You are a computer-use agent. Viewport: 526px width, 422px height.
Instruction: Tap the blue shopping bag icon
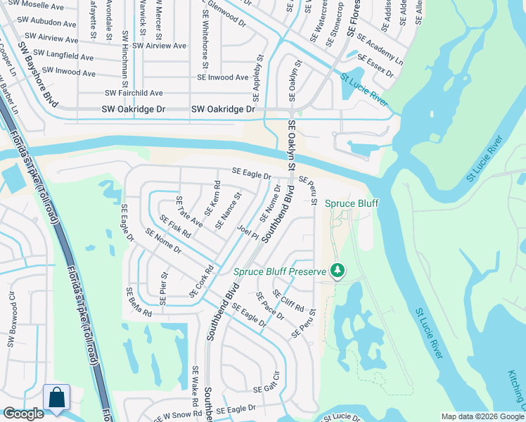pyautogui.click(x=56, y=397)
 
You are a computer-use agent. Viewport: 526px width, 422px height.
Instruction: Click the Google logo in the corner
pyautogui.click(x=24, y=414)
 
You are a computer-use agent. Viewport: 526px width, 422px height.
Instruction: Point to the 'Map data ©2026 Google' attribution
pyautogui.click(x=482, y=416)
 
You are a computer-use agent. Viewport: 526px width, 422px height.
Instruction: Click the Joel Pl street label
pyautogui.click(x=248, y=231)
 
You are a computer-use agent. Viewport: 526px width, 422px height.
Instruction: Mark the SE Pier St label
pyautogui.click(x=164, y=288)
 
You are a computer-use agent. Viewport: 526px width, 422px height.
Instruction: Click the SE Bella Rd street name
pyautogui.click(x=139, y=302)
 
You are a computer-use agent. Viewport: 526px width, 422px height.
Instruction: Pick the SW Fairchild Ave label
pyautogui.click(x=134, y=93)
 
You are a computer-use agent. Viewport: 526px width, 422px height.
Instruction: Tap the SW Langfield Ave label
pyautogui.click(x=63, y=56)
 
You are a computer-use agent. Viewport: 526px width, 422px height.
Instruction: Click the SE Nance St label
pyautogui.click(x=228, y=211)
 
